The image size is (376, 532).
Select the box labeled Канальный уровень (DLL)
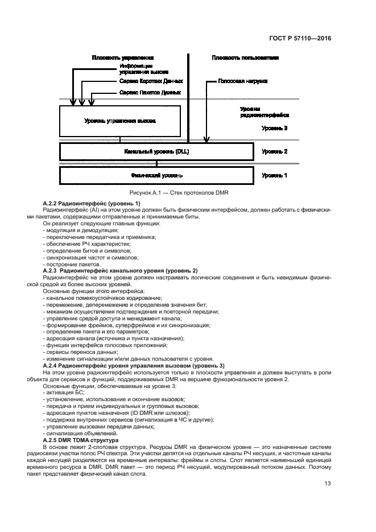click(156, 152)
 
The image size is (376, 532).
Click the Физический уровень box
click(156, 175)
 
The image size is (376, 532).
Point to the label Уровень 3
click(274, 129)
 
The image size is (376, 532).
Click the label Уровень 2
click(274, 152)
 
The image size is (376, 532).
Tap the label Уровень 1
click(274, 175)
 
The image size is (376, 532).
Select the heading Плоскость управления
click(123, 58)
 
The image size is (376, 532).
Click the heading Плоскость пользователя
click(245, 58)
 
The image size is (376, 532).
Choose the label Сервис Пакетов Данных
click(150, 92)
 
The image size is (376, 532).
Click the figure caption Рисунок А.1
click(179, 193)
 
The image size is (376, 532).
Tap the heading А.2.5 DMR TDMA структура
click(80, 441)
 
